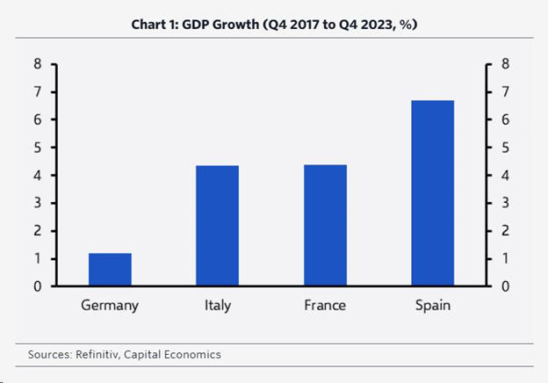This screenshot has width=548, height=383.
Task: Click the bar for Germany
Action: coord(110,270)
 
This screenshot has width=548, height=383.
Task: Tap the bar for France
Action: coord(325,225)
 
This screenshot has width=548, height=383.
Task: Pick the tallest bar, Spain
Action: coord(433,193)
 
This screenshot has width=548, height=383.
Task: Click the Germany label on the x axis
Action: coord(110,306)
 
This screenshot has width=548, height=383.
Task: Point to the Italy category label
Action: coord(217,306)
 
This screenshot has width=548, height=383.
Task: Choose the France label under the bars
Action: coord(325,306)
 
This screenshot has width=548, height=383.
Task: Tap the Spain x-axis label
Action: coord(433,306)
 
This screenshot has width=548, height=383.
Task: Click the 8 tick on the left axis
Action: coord(37,64)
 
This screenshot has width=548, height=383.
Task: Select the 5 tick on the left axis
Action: coord(37,148)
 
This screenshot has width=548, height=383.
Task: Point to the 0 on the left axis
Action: coord(37,286)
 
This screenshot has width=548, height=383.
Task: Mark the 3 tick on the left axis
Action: coord(37,203)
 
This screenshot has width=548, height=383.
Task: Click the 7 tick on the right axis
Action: coord(505,92)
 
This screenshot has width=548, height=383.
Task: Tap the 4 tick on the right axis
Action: coord(505,176)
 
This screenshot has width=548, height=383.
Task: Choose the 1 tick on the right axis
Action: coord(505,258)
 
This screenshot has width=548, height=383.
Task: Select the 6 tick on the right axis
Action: coord(505,119)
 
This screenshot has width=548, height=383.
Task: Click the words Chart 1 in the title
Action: coord(155,25)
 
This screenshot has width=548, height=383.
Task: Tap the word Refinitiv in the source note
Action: coord(97,354)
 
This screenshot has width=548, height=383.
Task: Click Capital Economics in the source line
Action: coord(175,354)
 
